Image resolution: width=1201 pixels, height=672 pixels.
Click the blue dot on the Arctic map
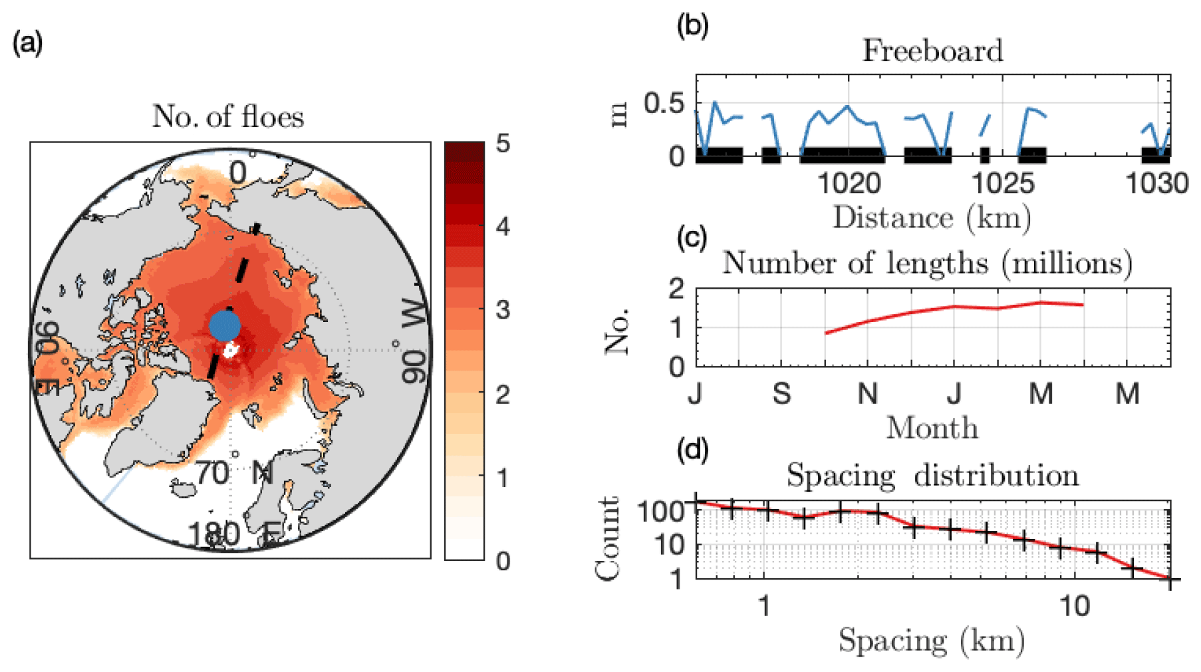(x=225, y=326)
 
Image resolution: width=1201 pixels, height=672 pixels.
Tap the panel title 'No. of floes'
(x=228, y=116)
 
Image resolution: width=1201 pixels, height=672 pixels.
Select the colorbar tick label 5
(x=503, y=143)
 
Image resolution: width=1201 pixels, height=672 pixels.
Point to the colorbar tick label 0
(x=503, y=561)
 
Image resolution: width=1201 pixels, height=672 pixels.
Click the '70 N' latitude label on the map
(x=234, y=473)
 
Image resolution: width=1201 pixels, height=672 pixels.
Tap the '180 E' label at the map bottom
(x=234, y=534)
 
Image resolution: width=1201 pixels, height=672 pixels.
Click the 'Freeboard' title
(x=932, y=51)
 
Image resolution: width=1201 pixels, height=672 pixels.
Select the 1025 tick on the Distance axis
(x=1003, y=183)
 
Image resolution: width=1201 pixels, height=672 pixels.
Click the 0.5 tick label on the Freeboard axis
(x=664, y=104)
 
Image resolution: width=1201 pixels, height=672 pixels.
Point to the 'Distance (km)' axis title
(x=932, y=218)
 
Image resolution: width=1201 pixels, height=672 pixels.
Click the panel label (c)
(x=692, y=237)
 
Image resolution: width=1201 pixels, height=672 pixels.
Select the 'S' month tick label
(x=782, y=394)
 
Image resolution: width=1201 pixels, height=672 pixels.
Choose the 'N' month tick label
(x=868, y=394)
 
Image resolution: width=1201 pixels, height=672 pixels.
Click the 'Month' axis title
(x=932, y=428)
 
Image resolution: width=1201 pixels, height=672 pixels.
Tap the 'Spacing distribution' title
(x=932, y=476)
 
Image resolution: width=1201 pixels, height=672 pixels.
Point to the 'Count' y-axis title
(x=607, y=539)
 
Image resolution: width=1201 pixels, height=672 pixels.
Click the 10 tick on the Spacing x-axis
(x=1075, y=606)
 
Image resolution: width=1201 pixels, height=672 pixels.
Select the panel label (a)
(x=28, y=43)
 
